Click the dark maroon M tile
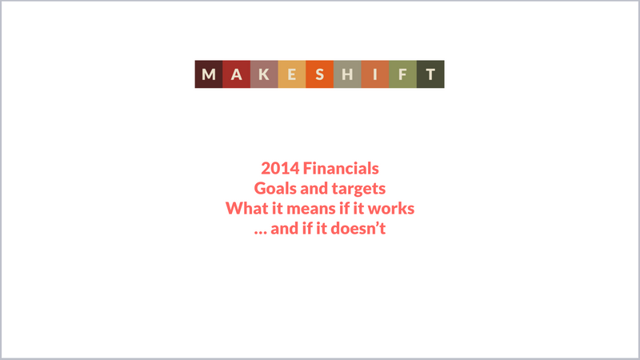click(x=209, y=74)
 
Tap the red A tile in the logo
click(x=236, y=74)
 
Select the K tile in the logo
click(x=264, y=74)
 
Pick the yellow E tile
click(x=292, y=74)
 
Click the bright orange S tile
click(x=319, y=74)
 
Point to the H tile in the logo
click(x=347, y=74)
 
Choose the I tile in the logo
click(x=375, y=74)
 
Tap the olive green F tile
click(x=403, y=74)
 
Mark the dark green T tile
click(x=430, y=74)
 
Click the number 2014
click(x=280, y=169)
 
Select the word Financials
click(x=341, y=169)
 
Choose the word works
click(x=391, y=208)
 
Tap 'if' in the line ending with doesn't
click(x=307, y=229)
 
